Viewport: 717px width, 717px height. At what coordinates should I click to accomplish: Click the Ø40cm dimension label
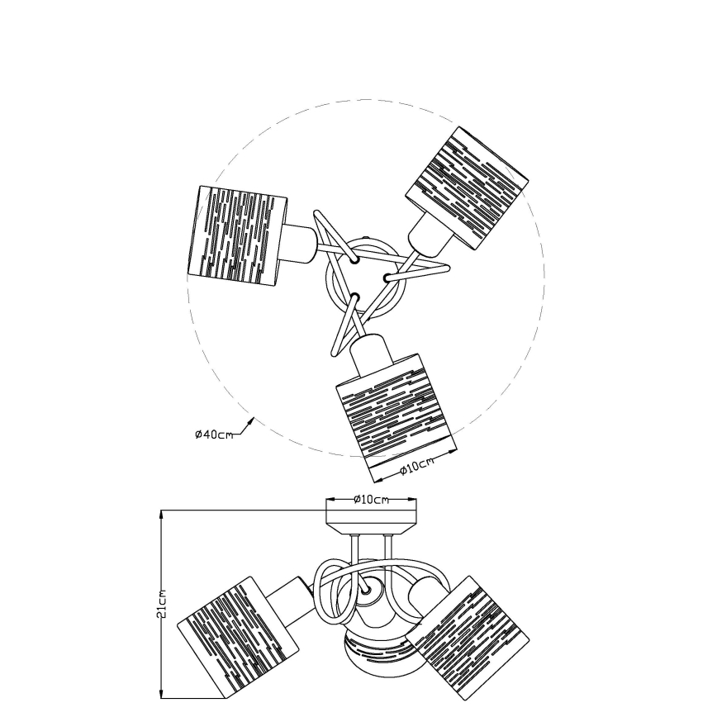(214, 434)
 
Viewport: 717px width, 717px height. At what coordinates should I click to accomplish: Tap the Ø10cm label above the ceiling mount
(372, 499)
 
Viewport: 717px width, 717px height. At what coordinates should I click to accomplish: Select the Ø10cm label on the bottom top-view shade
(416, 467)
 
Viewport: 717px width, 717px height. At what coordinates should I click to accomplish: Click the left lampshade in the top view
(237, 237)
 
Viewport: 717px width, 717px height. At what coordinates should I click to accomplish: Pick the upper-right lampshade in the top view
(468, 188)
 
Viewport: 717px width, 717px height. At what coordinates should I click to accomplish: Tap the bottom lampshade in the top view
(396, 417)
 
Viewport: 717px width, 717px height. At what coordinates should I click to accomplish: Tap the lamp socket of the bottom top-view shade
(372, 353)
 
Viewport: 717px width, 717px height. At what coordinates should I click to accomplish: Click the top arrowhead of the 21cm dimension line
(161, 515)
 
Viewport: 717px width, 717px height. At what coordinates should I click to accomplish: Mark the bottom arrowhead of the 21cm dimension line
(161, 693)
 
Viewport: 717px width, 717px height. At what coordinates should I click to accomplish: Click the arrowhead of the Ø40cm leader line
(251, 420)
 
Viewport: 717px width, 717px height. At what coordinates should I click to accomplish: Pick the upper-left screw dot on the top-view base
(354, 259)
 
